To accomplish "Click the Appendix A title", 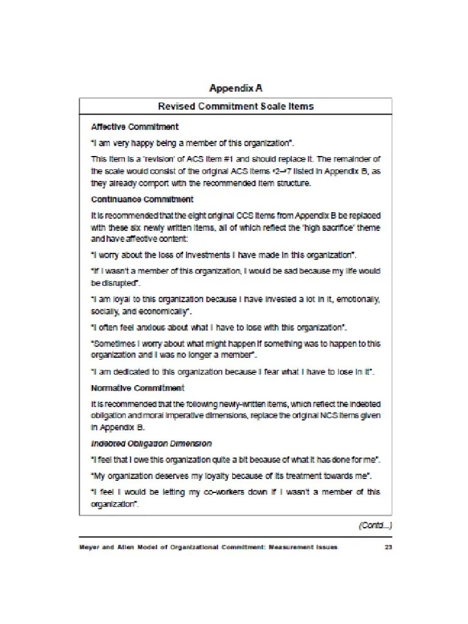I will coord(236,88).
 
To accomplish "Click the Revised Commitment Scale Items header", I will coord(236,106).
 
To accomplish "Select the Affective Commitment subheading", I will coord(135,127).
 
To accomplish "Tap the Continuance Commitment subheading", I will coord(142,199).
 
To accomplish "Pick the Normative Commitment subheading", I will coord(138,388).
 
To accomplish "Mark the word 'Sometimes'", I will coord(113,343).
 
